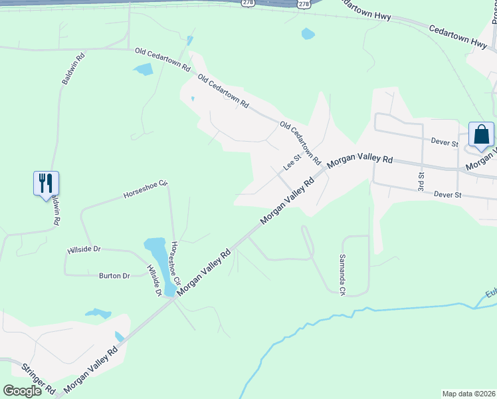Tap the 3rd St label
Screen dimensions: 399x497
(x=421, y=179)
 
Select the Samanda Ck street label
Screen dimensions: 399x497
(x=343, y=275)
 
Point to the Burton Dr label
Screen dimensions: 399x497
(x=114, y=275)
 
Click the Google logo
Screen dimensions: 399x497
(x=22, y=390)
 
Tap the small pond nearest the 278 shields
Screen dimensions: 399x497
(x=308, y=33)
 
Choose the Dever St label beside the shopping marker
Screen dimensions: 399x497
(x=445, y=143)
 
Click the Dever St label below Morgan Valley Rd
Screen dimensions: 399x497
(x=447, y=195)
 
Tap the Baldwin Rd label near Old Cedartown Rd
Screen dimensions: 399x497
(x=74, y=69)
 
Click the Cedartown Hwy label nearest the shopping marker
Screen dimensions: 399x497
(x=458, y=36)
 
